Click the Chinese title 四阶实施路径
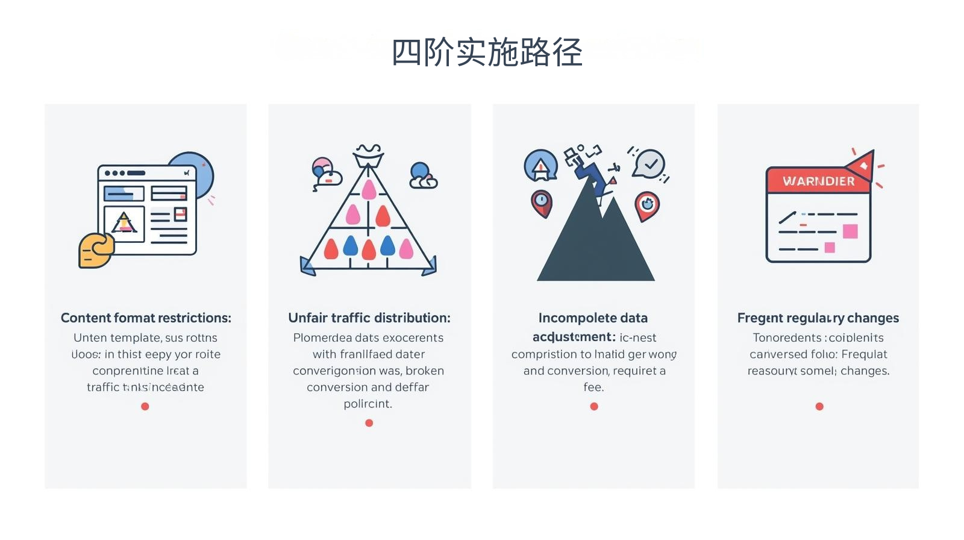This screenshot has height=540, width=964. pos(487,52)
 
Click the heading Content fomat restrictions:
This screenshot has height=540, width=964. pos(146,318)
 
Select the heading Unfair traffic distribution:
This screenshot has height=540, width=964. pos(369,318)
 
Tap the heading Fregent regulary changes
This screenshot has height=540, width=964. pos(818,318)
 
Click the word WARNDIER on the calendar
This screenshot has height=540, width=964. pos(818,181)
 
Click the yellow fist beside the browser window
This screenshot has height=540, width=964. pos(96,250)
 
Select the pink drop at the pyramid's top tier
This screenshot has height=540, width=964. pos(369,190)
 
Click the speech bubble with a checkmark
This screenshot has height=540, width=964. pos(649,163)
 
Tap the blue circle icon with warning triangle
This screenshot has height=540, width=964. pos(540,166)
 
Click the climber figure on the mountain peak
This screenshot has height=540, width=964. pos(593,175)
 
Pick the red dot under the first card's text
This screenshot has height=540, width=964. pos(145,406)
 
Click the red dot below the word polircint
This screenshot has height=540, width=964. pos(369,423)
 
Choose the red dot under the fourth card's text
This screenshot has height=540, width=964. pos(819,406)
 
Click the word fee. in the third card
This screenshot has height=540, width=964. pos(593,387)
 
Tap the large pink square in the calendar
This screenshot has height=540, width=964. pos(850,231)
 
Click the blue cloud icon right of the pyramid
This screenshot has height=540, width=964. pos(422,175)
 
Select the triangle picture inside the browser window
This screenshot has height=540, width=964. pos(124,223)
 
